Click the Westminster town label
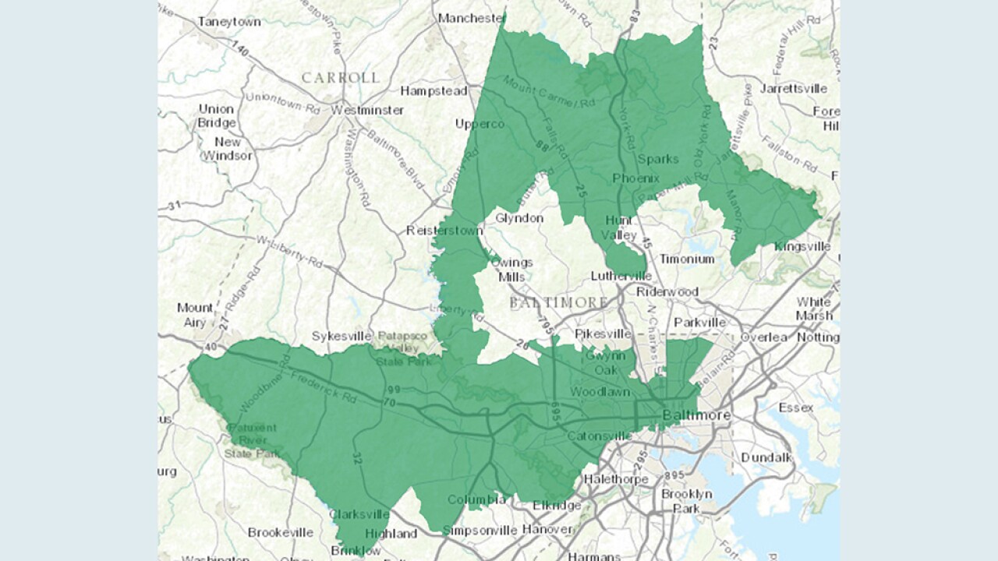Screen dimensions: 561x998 367,110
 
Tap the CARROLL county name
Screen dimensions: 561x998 341,77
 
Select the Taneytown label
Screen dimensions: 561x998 228,22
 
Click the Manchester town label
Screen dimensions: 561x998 471,17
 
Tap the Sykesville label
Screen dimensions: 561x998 338,336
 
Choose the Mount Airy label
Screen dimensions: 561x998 195,315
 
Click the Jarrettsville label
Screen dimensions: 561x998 793,88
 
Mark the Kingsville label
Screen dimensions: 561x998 802,246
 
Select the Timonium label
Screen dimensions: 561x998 687,259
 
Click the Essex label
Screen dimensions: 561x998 795,408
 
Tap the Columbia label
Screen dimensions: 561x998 476,499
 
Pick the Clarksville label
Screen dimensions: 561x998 359,514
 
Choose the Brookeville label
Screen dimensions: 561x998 281,532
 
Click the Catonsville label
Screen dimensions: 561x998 600,436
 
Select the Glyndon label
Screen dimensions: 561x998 518,218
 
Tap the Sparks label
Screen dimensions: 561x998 658,159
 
